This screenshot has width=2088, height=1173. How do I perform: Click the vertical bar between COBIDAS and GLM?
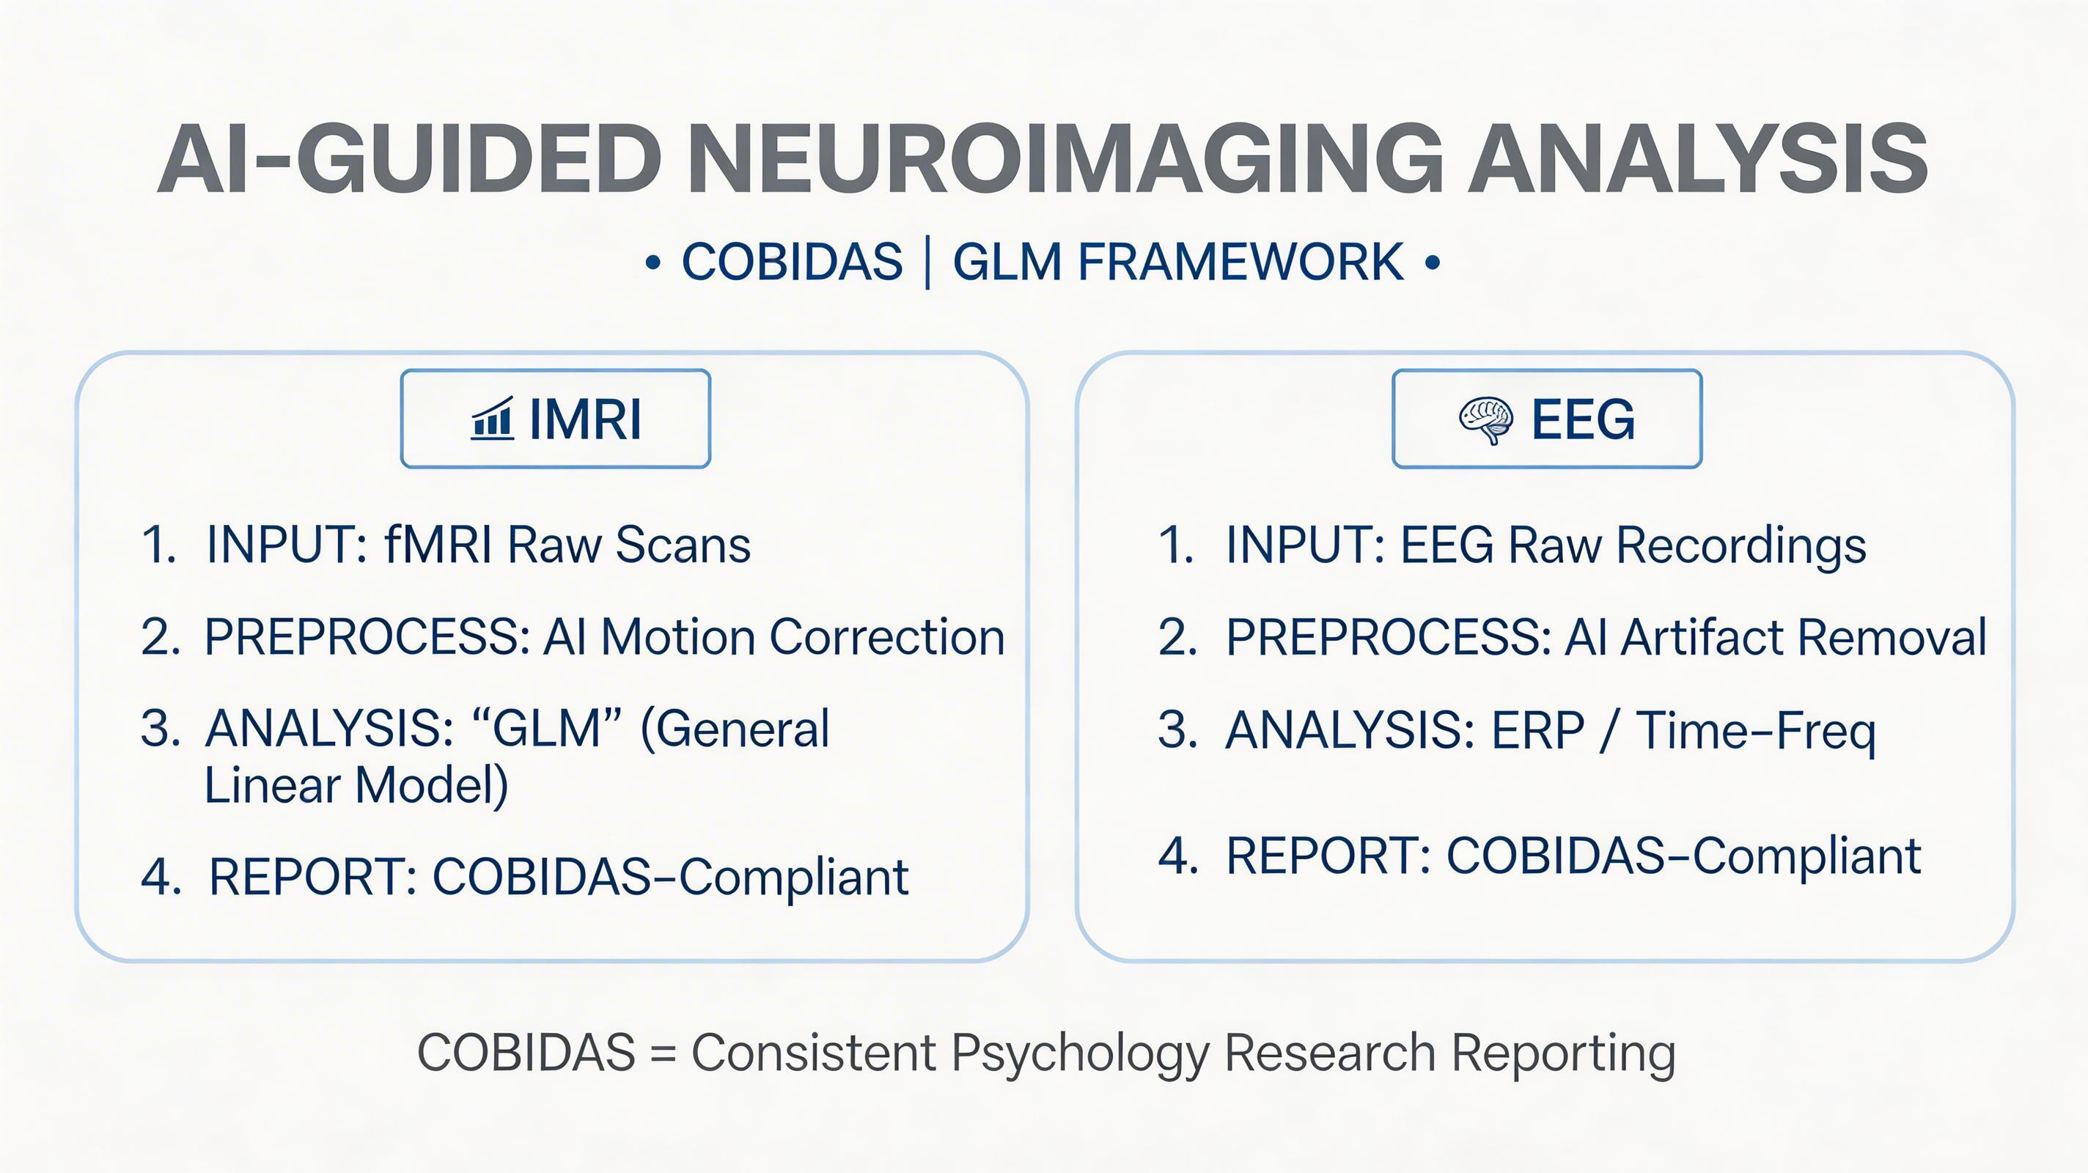point(927,262)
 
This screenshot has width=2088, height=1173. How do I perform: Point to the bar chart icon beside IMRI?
point(492,419)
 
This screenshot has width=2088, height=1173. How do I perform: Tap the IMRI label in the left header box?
point(585,420)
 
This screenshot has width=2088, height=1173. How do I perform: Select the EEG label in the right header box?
point(1583,420)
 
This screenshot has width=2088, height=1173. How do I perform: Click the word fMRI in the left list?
point(438,544)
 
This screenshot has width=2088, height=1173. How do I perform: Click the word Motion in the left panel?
point(676,637)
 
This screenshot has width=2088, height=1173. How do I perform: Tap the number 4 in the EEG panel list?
point(1177,856)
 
